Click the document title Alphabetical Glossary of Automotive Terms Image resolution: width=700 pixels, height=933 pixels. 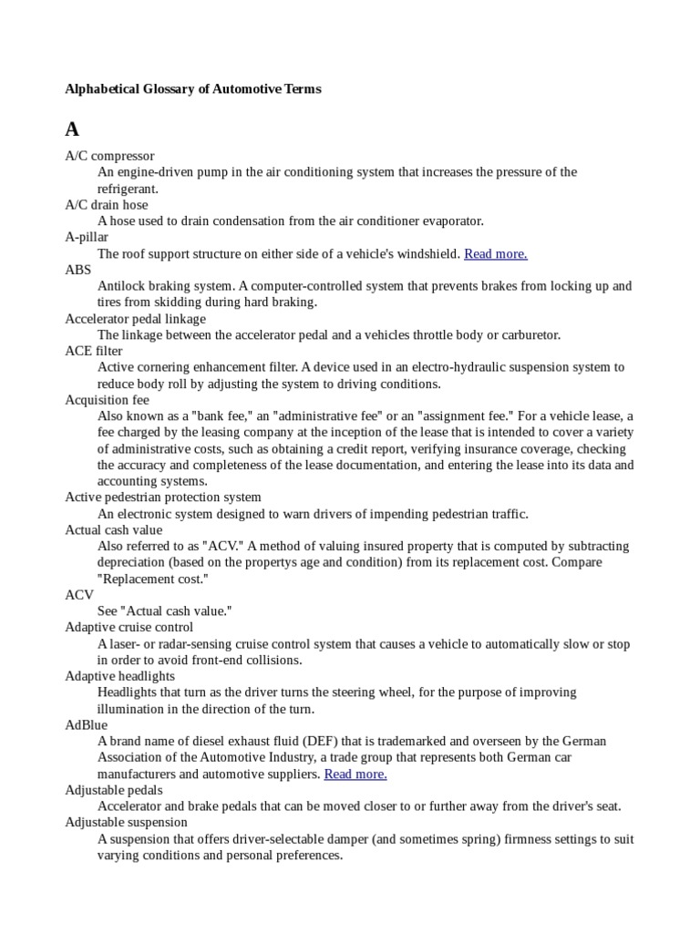(193, 89)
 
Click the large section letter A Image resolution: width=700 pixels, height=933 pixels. (72, 128)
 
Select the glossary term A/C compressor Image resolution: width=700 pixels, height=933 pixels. (109, 156)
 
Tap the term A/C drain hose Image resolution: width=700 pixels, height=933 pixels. (106, 205)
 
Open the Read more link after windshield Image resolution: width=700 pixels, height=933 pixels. (496, 254)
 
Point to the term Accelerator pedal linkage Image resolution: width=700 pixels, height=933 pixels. (135, 319)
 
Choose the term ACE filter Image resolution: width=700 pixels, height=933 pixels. (94, 351)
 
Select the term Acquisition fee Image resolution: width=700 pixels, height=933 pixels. (107, 400)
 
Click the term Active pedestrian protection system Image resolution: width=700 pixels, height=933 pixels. (163, 497)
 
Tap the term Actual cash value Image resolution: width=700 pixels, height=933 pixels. (113, 530)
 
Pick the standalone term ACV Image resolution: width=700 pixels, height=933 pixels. (79, 595)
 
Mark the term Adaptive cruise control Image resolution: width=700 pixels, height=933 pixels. (129, 628)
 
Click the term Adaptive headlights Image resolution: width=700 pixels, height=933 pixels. (119, 676)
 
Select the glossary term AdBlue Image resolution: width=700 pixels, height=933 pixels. (86, 725)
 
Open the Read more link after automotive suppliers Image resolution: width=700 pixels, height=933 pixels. (355, 774)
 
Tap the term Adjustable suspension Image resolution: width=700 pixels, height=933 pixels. (127, 823)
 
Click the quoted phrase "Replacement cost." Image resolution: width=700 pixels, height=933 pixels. (153, 579)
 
